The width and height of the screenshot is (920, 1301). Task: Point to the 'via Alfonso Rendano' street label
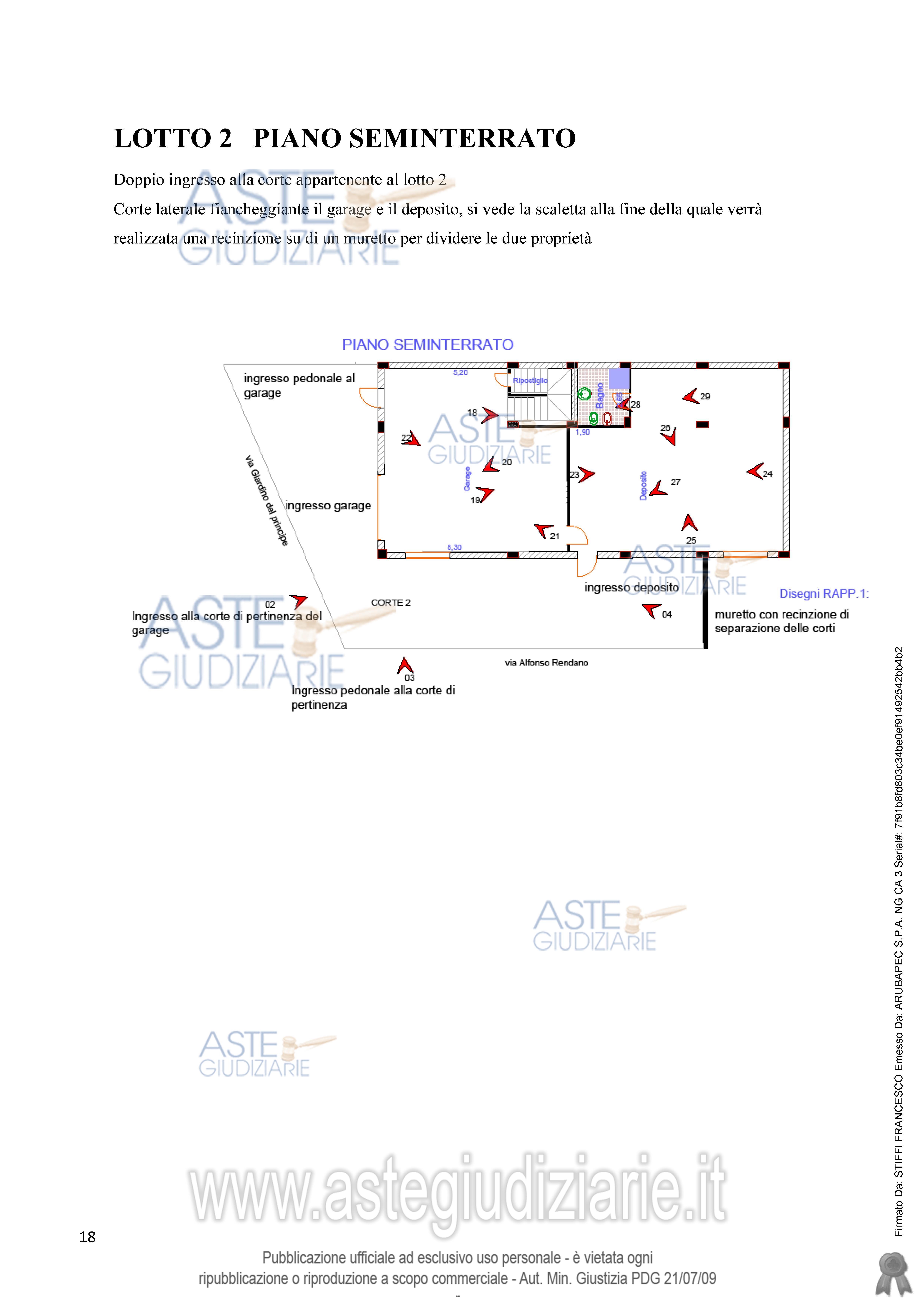pos(547,662)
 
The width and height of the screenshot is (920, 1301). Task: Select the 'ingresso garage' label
pos(328,505)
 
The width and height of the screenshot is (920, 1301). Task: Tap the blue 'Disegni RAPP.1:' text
pos(824,593)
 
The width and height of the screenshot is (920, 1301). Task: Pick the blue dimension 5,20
pos(460,372)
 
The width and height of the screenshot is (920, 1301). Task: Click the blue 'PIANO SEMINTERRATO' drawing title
pos(427,345)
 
